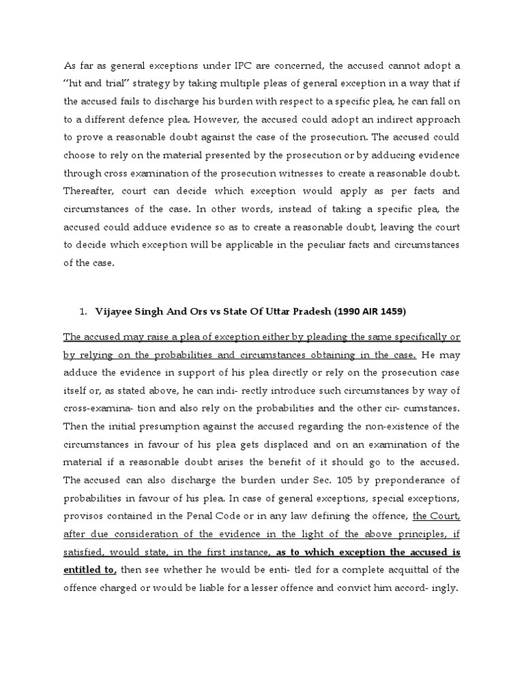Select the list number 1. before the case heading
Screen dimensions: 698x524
(83, 312)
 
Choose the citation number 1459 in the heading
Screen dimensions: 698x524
(391, 312)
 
